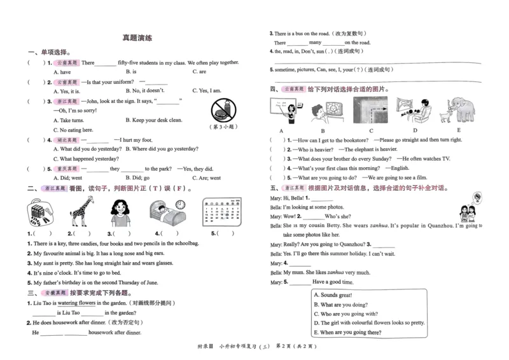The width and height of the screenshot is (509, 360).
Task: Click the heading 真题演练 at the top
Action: [x=137, y=38]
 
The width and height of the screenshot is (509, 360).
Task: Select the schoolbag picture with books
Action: [x=38, y=212]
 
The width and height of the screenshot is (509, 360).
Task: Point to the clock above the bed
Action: [x=181, y=204]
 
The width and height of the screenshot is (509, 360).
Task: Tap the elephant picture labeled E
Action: [x=458, y=109]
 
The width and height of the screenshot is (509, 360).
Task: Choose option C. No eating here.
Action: [x=75, y=130]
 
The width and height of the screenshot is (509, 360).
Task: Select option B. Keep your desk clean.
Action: [x=153, y=120]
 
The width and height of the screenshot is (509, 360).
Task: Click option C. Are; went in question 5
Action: [x=206, y=178]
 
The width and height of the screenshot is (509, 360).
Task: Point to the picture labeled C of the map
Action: [x=370, y=109]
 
